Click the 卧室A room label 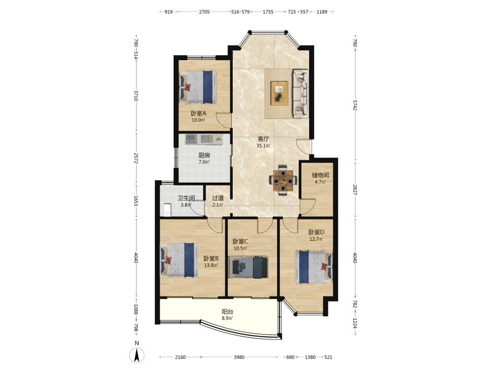pyautogui.click(x=198, y=113)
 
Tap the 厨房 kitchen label pyautogui.click(x=204, y=155)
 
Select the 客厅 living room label pyautogui.click(x=263, y=139)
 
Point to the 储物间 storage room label pyautogui.click(x=320, y=175)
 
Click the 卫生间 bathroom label pyautogui.click(x=186, y=198)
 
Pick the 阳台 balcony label pyautogui.click(x=227, y=312)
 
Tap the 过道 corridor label pyautogui.click(x=218, y=198)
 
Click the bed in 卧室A pyautogui.click(x=198, y=87)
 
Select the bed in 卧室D pyautogui.click(x=314, y=267)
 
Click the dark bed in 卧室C pyautogui.click(x=248, y=267)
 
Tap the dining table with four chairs pyautogui.click(x=283, y=181)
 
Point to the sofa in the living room pyautogui.click(x=301, y=93)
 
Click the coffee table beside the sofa pyautogui.click(x=280, y=93)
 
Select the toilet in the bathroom pyautogui.click(x=167, y=210)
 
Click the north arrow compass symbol pyautogui.click(x=137, y=355)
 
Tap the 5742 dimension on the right pyautogui.click(x=355, y=105)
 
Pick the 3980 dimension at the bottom pyautogui.click(x=239, y=357)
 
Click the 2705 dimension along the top pyautogui.click(x=205, y=12)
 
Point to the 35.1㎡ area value pyautogui.click(x=263, y=146)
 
